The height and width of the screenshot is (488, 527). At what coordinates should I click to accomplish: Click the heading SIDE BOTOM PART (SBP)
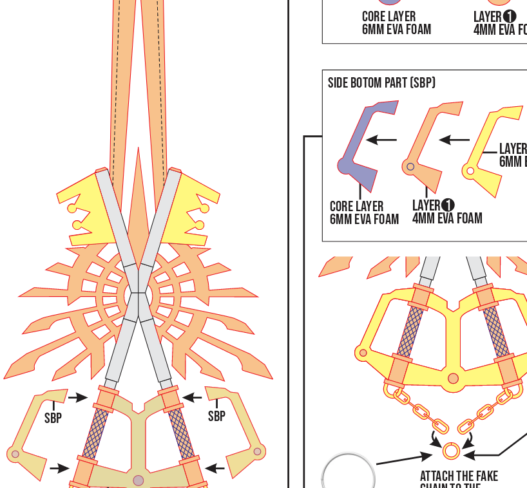tap(381, 83)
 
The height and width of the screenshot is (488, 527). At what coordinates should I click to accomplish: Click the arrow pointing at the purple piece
tap(382, 139)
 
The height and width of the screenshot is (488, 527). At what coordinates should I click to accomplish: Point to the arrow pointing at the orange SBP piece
tap(455, 139)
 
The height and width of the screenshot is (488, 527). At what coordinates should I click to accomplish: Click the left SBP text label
tap(53, 418)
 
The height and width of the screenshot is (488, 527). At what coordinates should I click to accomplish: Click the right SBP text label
tap(216, 417)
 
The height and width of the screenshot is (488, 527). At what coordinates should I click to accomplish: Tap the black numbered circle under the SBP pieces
tap(448, 205)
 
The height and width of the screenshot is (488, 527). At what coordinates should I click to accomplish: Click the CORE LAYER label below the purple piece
tap(356, 207)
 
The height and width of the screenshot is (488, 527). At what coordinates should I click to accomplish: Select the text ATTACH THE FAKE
tap(459, 476)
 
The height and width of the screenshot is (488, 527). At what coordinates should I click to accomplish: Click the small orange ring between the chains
tap(451, 450)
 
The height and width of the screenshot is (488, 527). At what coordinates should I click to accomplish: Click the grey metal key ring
tap(348, 473)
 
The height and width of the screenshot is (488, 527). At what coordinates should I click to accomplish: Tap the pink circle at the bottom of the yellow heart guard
tap(453, 379)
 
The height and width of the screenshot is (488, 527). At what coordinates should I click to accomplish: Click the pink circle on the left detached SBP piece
tap(15, 454)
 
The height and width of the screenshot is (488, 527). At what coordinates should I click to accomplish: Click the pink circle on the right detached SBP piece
tap(257, 451)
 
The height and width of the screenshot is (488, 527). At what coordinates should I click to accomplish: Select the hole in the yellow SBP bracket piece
tap(470, 171)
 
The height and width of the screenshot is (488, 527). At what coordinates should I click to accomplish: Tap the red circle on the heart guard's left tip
tap(363, 353)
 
